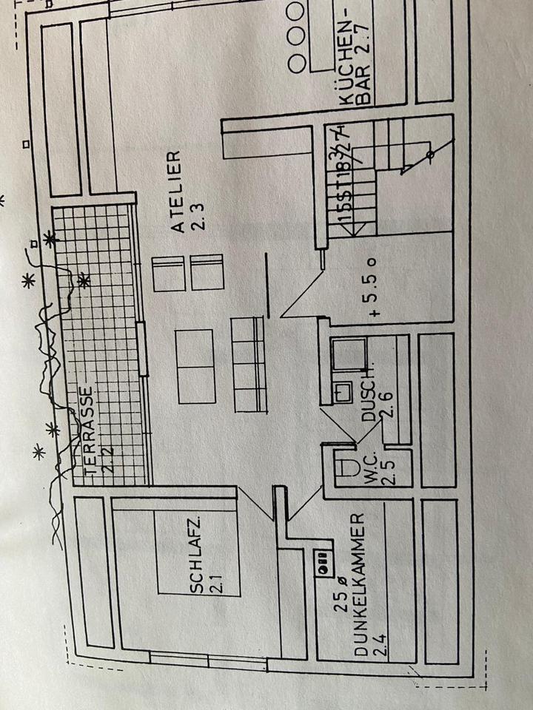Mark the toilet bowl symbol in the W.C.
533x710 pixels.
click(346, 467)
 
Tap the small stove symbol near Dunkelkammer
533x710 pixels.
click(324, 564)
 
